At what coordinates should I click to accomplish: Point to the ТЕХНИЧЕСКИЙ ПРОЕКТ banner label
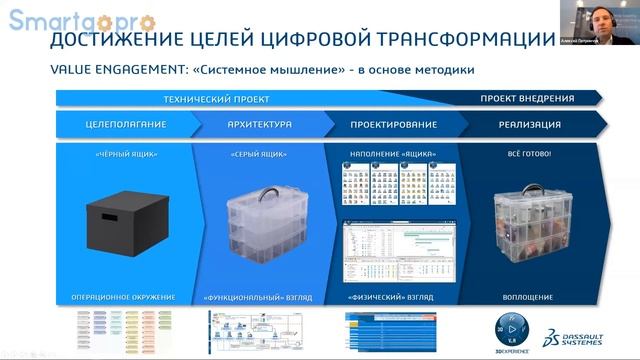217,99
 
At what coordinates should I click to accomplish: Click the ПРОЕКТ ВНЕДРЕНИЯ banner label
527,99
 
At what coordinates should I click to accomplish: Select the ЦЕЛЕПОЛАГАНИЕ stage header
125,125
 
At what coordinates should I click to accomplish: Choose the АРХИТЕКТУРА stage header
260,125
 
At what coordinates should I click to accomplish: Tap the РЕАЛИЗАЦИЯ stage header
527,125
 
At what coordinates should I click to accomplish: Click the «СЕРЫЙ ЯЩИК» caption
259,155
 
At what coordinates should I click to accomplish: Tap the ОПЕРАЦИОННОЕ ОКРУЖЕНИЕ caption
124,298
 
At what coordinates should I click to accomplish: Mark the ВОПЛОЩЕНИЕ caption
528,298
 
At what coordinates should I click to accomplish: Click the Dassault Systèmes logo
577,333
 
